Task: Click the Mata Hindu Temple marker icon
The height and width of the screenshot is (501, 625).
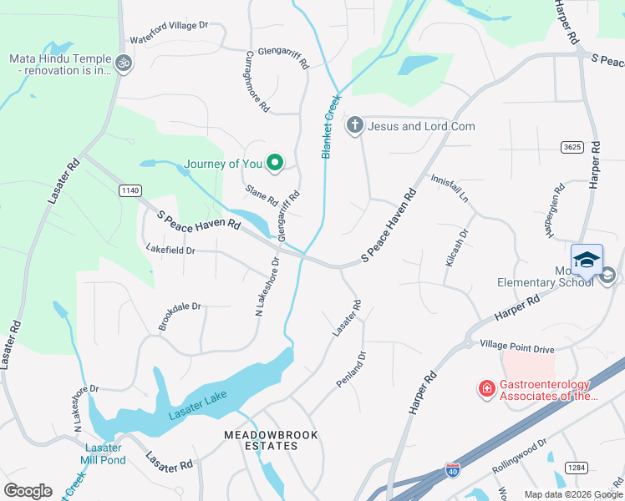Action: point(124,63)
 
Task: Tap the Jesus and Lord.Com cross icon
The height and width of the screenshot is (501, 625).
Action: point(354,126)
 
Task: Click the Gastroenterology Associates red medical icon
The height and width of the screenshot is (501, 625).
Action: point(485,388)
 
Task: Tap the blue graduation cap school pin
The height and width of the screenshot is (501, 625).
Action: point(587,259)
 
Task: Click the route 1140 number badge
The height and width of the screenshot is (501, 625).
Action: point(130,190)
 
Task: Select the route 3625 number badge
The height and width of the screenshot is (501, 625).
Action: point(572,147)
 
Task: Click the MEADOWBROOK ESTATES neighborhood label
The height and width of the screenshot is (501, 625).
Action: point(261,440)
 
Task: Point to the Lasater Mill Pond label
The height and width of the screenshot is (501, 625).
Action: point(103,454)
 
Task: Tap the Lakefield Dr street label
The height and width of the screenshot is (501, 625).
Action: point(170,250)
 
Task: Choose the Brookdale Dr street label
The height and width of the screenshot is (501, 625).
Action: point(180,317)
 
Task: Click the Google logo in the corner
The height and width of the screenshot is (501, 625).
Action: point(28,491)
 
